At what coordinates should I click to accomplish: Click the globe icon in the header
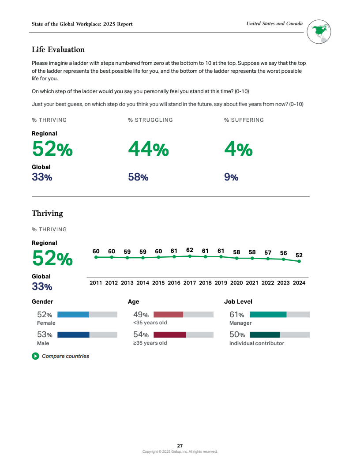click(319, 32)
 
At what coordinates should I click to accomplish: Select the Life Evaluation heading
click(58, 49)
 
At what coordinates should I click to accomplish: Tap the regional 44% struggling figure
click(148, 149)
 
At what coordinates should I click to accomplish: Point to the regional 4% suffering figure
click(238, 149)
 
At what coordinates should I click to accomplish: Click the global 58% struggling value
click(138, 177)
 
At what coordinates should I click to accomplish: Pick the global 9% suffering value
click(231, 177)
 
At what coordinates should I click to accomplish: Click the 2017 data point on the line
click(190, 256)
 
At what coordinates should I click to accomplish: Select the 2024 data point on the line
click(299, 261)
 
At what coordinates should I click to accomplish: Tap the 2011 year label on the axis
click(96, 283)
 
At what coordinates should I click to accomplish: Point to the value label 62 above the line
click(190, 250)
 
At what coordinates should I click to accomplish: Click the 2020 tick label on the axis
click(236, 283)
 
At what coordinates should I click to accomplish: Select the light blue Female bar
click(73, 315)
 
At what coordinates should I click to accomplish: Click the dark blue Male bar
click(73, 335)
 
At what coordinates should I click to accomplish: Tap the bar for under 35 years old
click(168, 315)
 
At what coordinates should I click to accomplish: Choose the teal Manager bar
click(268, 315)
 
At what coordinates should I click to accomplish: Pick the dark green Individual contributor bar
click(265, 335)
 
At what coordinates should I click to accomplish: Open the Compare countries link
click(65, 356)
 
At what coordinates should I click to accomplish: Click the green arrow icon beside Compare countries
click(35, 356)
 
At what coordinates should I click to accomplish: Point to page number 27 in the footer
click(180, 446)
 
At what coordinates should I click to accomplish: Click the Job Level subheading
click(238, 302)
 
